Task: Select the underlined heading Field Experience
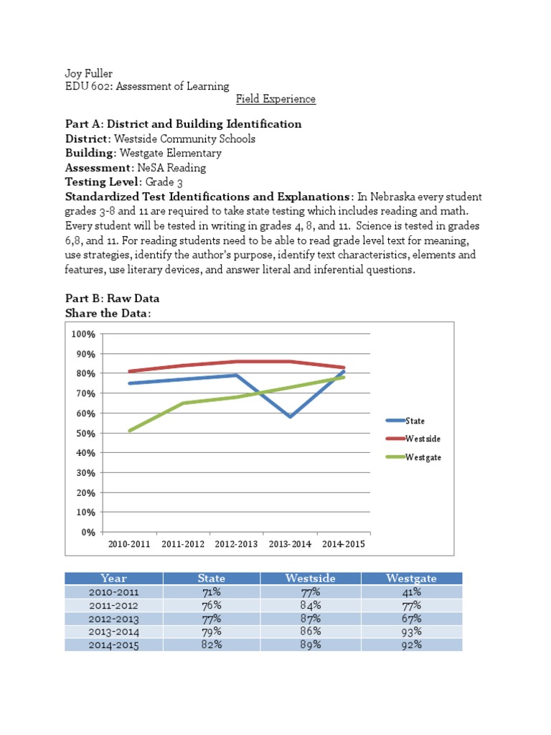click(x=275, y=99)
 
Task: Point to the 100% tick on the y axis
click(x=83, y=334)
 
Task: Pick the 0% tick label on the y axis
click(x=88, y=533)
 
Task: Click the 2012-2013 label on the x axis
click(x=236, y=544)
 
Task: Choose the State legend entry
click(x=415, y=421)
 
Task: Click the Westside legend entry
click(x=423, y=439)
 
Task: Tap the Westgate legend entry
click(x=423, y=457)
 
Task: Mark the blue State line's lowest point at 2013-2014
click(x=290, y=417)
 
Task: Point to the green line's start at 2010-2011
click(x=130, y=431)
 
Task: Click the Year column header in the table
click(x=114, y=579)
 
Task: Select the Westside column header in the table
click(x=311, y=579)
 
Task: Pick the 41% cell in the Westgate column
click(x=412, y=592)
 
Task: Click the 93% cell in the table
click(x=412, y=632)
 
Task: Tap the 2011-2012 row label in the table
click(x=114, y=605)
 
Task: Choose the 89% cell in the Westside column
click(x=311, y=645)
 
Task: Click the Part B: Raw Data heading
click(x=112, y=298)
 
